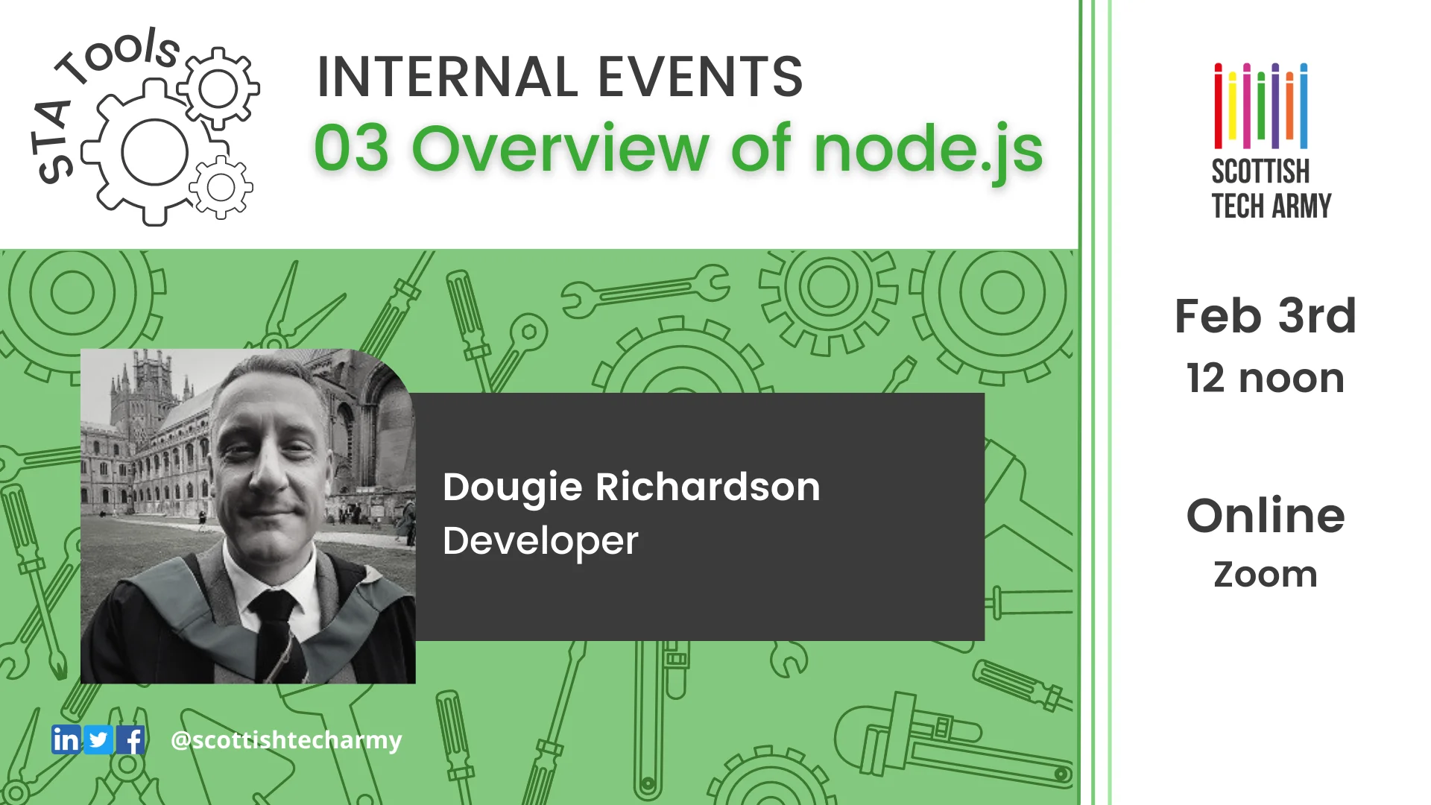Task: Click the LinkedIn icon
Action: (66, 739)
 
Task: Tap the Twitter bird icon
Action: (98, 739)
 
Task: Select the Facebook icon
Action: (131, 739)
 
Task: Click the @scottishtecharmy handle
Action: (286, 739)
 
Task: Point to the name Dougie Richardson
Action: (631, 487)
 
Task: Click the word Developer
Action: (540, 540)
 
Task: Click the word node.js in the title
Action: (928, 149)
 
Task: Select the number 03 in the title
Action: (351, 149)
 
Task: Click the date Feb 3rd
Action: (1265, 316)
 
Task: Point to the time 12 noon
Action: (1265, 379)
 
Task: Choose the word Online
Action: (1265, 516)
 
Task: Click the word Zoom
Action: (1265, 575)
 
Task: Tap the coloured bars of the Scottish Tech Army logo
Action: (1260, 106)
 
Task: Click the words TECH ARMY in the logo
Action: (1271, 206)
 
